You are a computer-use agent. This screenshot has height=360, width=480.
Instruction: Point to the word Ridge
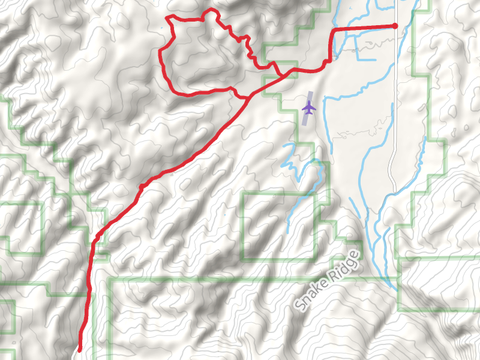[348, 263]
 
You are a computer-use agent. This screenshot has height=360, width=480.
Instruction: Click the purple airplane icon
[308, 108]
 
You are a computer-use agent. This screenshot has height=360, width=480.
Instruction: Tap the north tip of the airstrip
[311, 92]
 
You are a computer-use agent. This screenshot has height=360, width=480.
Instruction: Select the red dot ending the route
[394, 26]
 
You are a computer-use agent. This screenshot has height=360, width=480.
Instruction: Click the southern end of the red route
[80, 349]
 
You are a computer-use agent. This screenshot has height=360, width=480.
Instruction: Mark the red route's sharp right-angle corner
[334, 29]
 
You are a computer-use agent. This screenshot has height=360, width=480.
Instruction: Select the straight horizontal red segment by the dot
[363, 27]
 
